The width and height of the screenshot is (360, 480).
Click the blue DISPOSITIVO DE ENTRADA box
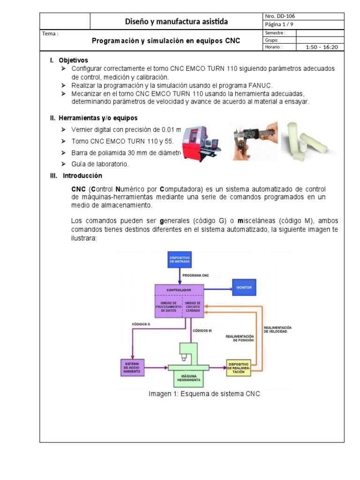pos(180,260)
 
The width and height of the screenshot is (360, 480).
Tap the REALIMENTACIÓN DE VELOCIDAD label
pos(277,329)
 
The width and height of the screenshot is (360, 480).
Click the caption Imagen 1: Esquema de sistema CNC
pos(204,394)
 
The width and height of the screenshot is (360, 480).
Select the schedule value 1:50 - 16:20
pos(321,47)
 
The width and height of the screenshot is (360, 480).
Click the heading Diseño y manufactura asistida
pos(176,21)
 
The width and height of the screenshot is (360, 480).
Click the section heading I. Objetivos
pos(69,60)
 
